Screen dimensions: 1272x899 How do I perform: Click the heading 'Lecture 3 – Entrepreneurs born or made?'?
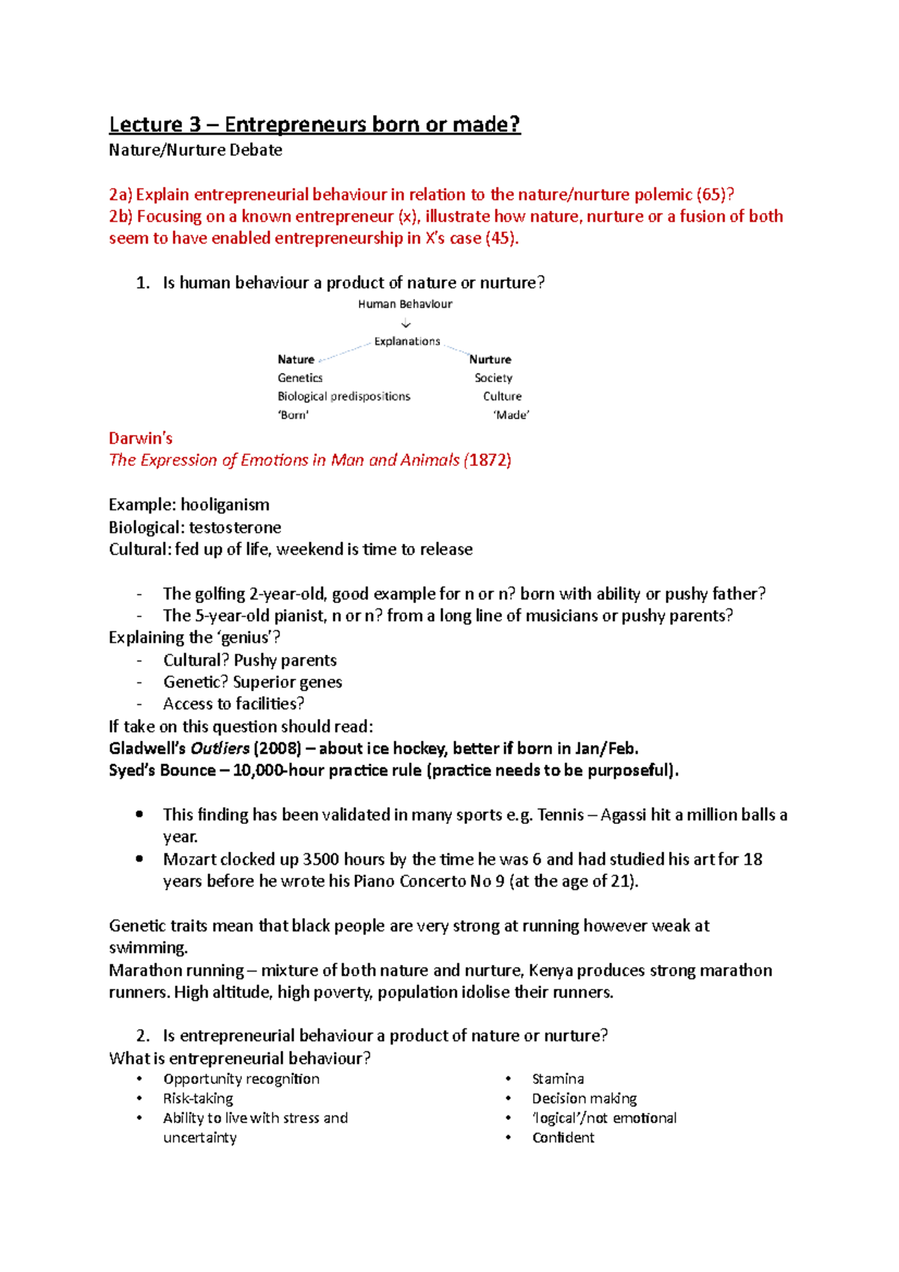(x=315, y=124)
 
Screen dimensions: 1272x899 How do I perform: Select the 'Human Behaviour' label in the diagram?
(x=405, y=304)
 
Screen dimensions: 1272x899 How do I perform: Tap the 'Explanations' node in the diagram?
(x=407, y=342)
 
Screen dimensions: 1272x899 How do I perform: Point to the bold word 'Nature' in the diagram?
(x=296, y=360)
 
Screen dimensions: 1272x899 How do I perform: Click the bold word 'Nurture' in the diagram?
(x=490, y=360)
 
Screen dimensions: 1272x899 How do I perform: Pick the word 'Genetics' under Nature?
(x=300, y=378)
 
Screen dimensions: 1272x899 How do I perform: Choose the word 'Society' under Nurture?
(x=493, y=378)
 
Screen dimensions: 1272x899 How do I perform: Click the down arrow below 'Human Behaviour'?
(x=406, y=324)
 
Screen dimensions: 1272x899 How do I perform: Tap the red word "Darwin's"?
(x=141, y=438)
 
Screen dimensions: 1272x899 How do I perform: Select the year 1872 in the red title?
(x=488, y=460)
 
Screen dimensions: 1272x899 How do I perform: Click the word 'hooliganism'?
(x=225, y=505)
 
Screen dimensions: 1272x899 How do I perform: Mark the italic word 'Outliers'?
(x=220, y=748)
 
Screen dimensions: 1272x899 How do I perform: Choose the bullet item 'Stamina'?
(x=557, y=1079)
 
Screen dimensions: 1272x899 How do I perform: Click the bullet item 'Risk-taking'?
(x=198, y=1098)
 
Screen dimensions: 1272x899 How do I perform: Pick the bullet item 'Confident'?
(x=563, y=1137)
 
